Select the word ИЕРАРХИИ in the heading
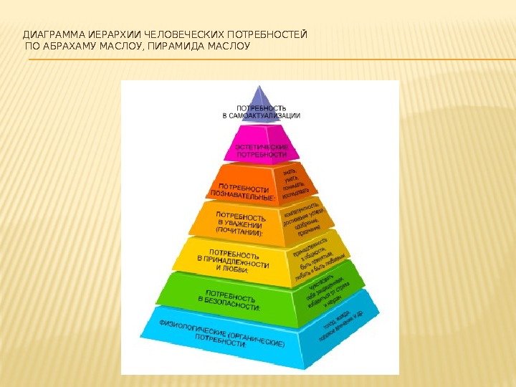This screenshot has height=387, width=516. (112, 34)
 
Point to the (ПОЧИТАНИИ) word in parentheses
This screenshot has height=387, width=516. (239, 232)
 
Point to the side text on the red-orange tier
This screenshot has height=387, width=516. (296, 183)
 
